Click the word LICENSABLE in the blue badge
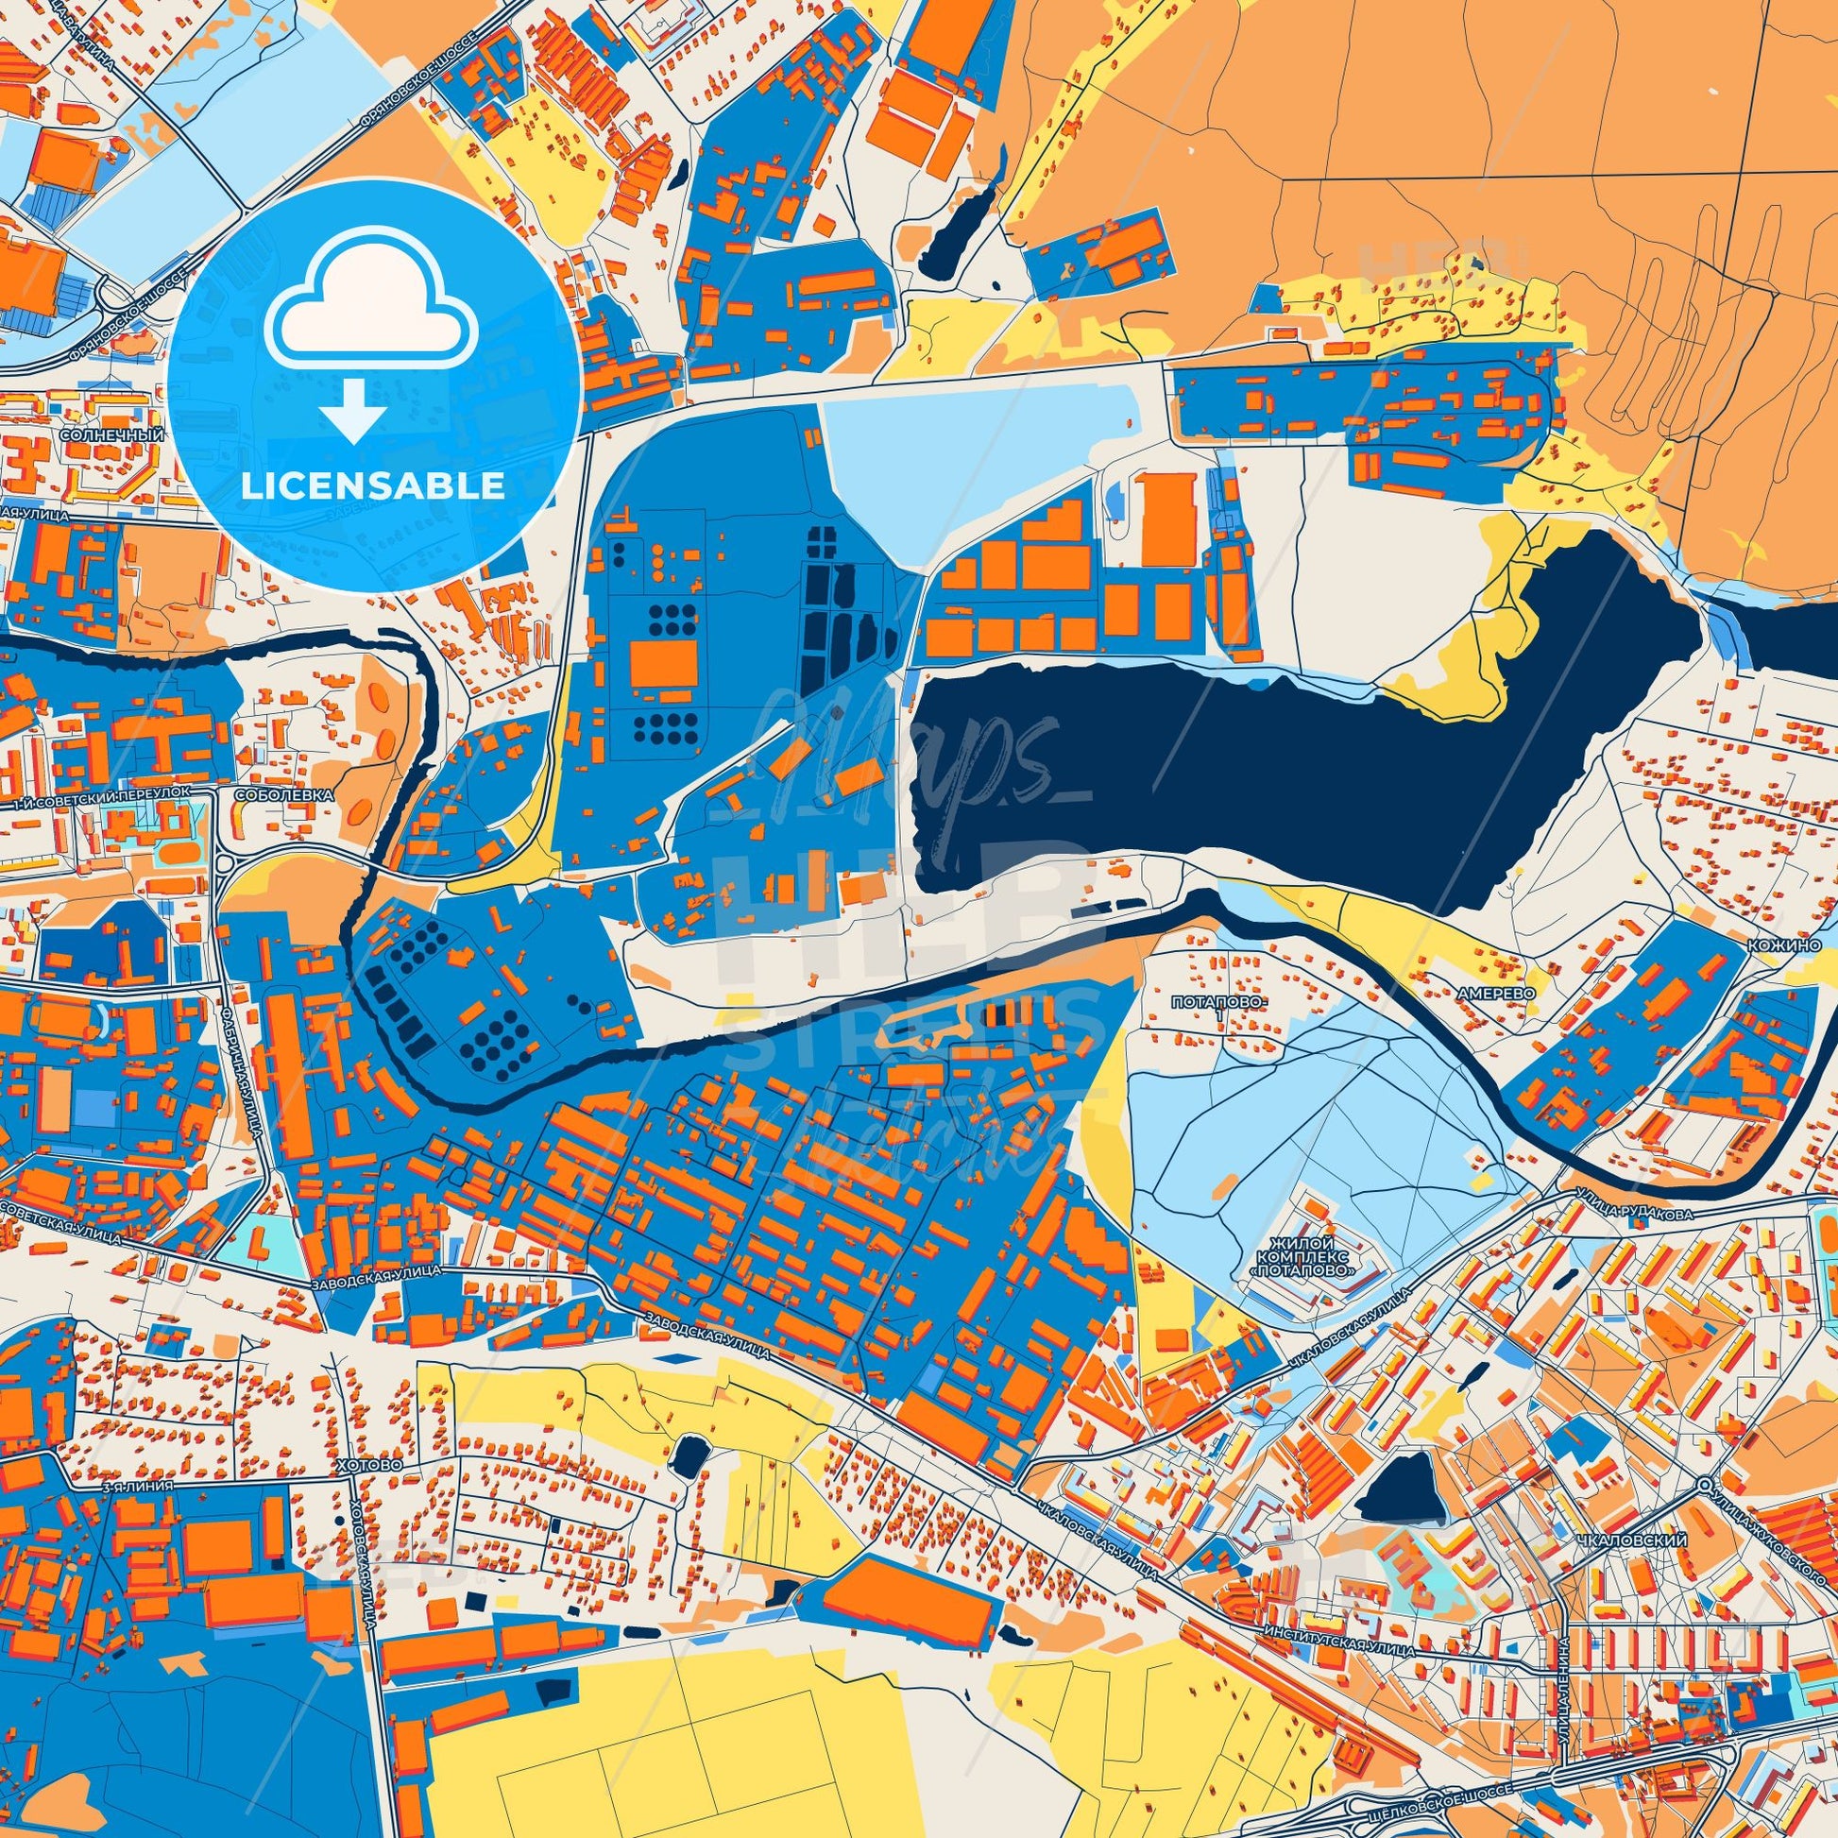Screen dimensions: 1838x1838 click(x=373, y=486)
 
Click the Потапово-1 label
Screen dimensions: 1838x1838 click(x=1208, y=1010)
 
